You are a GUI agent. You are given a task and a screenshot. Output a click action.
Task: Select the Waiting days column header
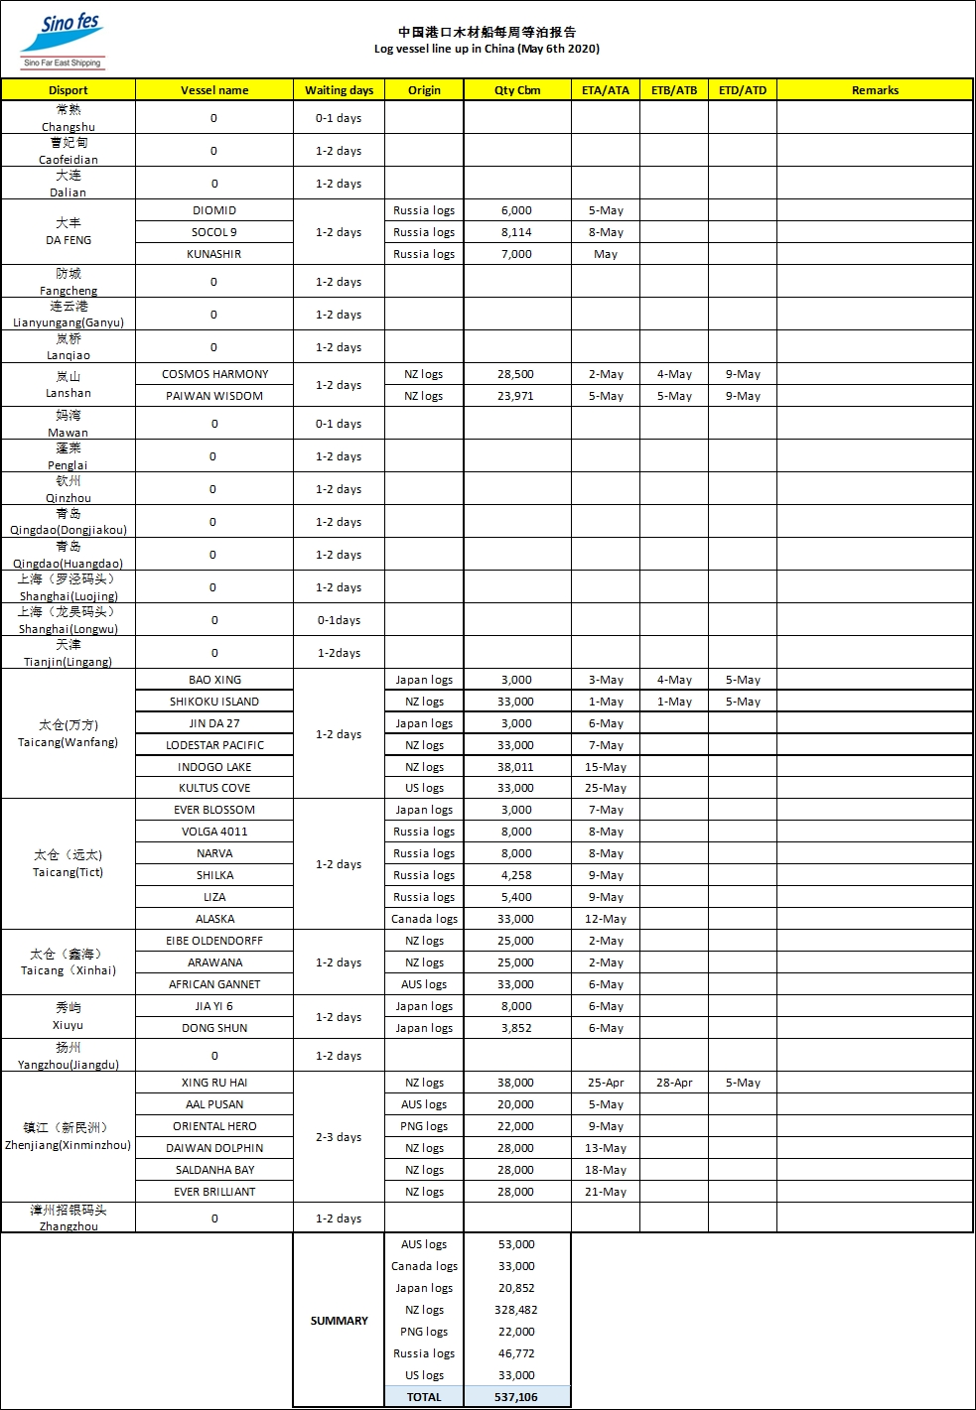pos(339,90)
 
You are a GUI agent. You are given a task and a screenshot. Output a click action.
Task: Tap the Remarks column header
pos(875,90)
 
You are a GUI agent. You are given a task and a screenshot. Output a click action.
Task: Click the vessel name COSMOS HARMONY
pos(214,374)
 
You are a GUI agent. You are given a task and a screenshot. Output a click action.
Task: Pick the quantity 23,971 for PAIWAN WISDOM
pos(516,396)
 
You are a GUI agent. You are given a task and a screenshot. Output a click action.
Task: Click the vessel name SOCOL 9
pos(214,232)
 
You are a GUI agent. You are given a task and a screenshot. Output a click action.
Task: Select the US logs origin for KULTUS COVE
pos(424,788)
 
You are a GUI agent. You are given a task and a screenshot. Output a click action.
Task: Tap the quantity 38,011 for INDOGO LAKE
pos(516,767)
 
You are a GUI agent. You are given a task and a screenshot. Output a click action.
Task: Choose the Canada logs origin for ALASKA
pos(424,919)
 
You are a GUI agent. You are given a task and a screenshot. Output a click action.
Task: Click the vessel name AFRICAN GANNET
pos(214,984)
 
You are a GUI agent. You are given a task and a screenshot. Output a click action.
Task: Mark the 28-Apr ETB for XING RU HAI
pos(674,1083)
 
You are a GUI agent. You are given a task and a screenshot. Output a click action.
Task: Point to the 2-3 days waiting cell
pos(339,1137)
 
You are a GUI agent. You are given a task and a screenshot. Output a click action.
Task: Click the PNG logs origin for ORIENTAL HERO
pos(424,1126)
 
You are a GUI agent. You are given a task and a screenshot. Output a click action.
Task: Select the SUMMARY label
pos(339,1321)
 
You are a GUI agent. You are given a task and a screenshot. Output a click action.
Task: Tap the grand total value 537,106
pos(516,1397)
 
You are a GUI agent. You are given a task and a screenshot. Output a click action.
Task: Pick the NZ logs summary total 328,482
pos(516,1310)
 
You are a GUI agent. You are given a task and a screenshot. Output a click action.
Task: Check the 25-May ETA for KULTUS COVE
pos(606,788)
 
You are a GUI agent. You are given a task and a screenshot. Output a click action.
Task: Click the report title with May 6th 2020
pos(487,49)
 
